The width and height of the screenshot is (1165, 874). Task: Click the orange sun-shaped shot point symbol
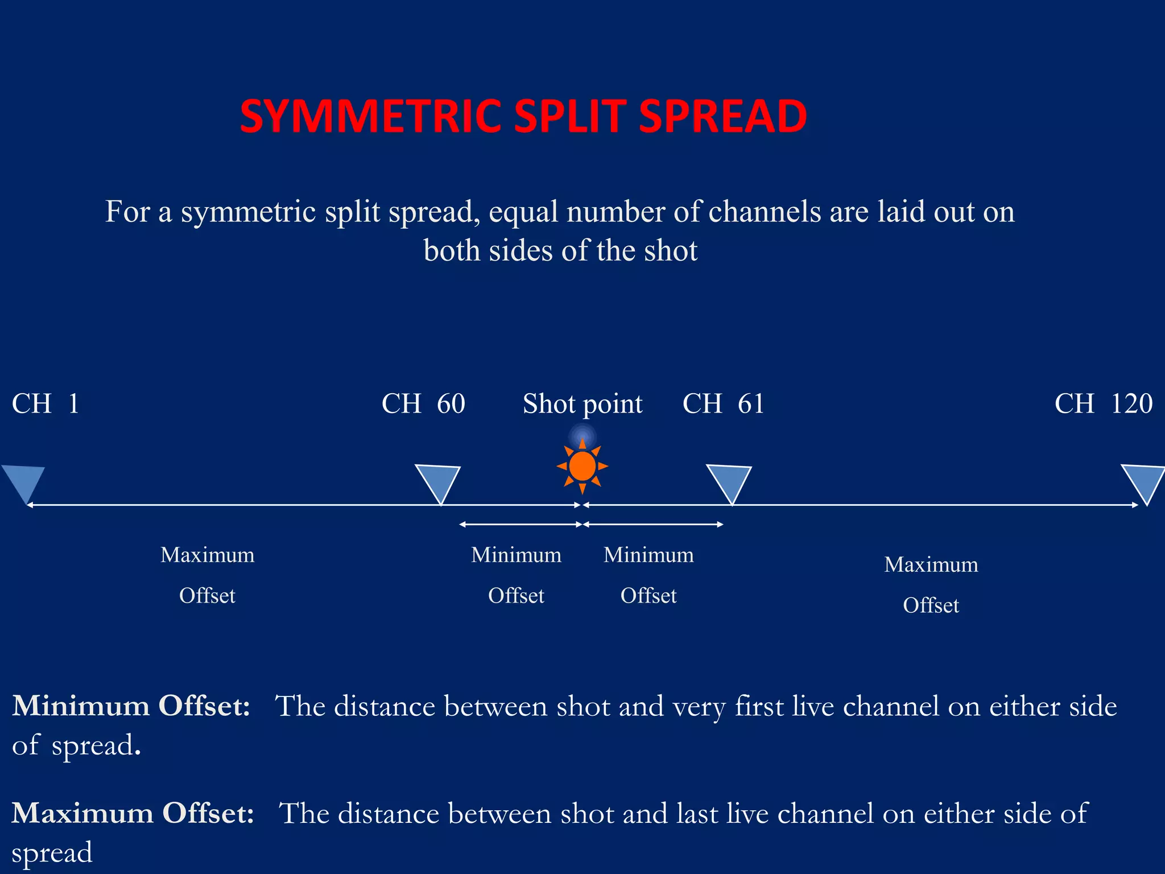tap(582, 467)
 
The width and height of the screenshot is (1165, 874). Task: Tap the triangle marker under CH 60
tap(438, 480)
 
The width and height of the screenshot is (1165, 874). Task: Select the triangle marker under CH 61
tap(729, 481)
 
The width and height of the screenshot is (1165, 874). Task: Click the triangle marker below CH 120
tap(1145, 480)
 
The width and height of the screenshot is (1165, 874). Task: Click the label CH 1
tap(46, 404)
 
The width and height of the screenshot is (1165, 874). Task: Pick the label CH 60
tap(423, 404)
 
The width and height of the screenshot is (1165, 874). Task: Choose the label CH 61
tap(723, 404)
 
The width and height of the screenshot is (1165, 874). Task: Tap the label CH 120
tap(1103, 404)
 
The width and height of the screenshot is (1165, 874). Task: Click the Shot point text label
tap(582, 405)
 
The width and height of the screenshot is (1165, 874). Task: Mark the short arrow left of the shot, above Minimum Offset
tap(520, 524)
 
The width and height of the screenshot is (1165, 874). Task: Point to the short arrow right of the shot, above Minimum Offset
tap(653, 524)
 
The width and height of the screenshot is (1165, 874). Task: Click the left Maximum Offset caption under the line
tap(208, 575)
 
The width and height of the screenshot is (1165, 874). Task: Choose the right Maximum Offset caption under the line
tap(931, 584)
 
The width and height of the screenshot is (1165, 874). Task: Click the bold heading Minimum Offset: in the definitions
tap(131, 706)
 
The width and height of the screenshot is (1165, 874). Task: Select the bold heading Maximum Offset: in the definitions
tap(133, 813)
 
